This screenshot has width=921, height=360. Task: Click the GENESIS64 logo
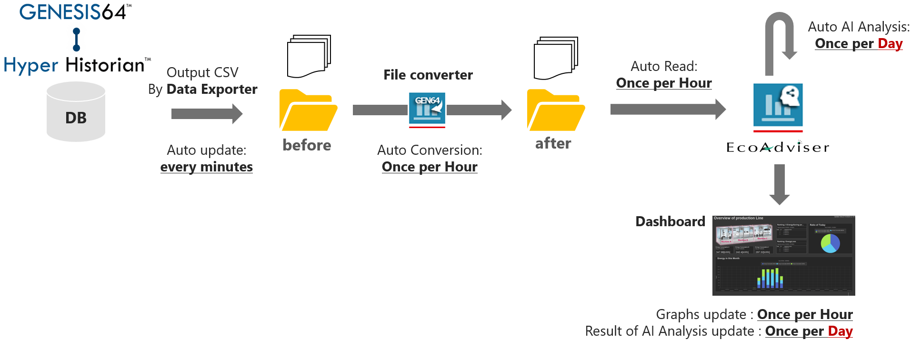(x=76, y=11)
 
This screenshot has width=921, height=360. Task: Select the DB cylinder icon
(x=76, y=112)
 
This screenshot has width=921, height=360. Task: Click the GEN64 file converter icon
(x=427, y=110)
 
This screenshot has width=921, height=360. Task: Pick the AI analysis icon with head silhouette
(x=778, y=107)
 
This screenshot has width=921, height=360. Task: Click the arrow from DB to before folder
(x=207, y=114)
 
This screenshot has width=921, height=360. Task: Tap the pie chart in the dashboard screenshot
(x=830, y=243)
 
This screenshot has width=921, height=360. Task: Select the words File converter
(x=428, y=75)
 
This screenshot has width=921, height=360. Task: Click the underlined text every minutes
(x=207, y=167)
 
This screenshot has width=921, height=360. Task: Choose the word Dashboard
(x=670, y=221)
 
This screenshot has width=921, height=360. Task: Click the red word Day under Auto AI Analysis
(x=890, y=44)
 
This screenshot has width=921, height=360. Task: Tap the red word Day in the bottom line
(x=840, y=331)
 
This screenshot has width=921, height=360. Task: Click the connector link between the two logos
(x=77, y=39)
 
